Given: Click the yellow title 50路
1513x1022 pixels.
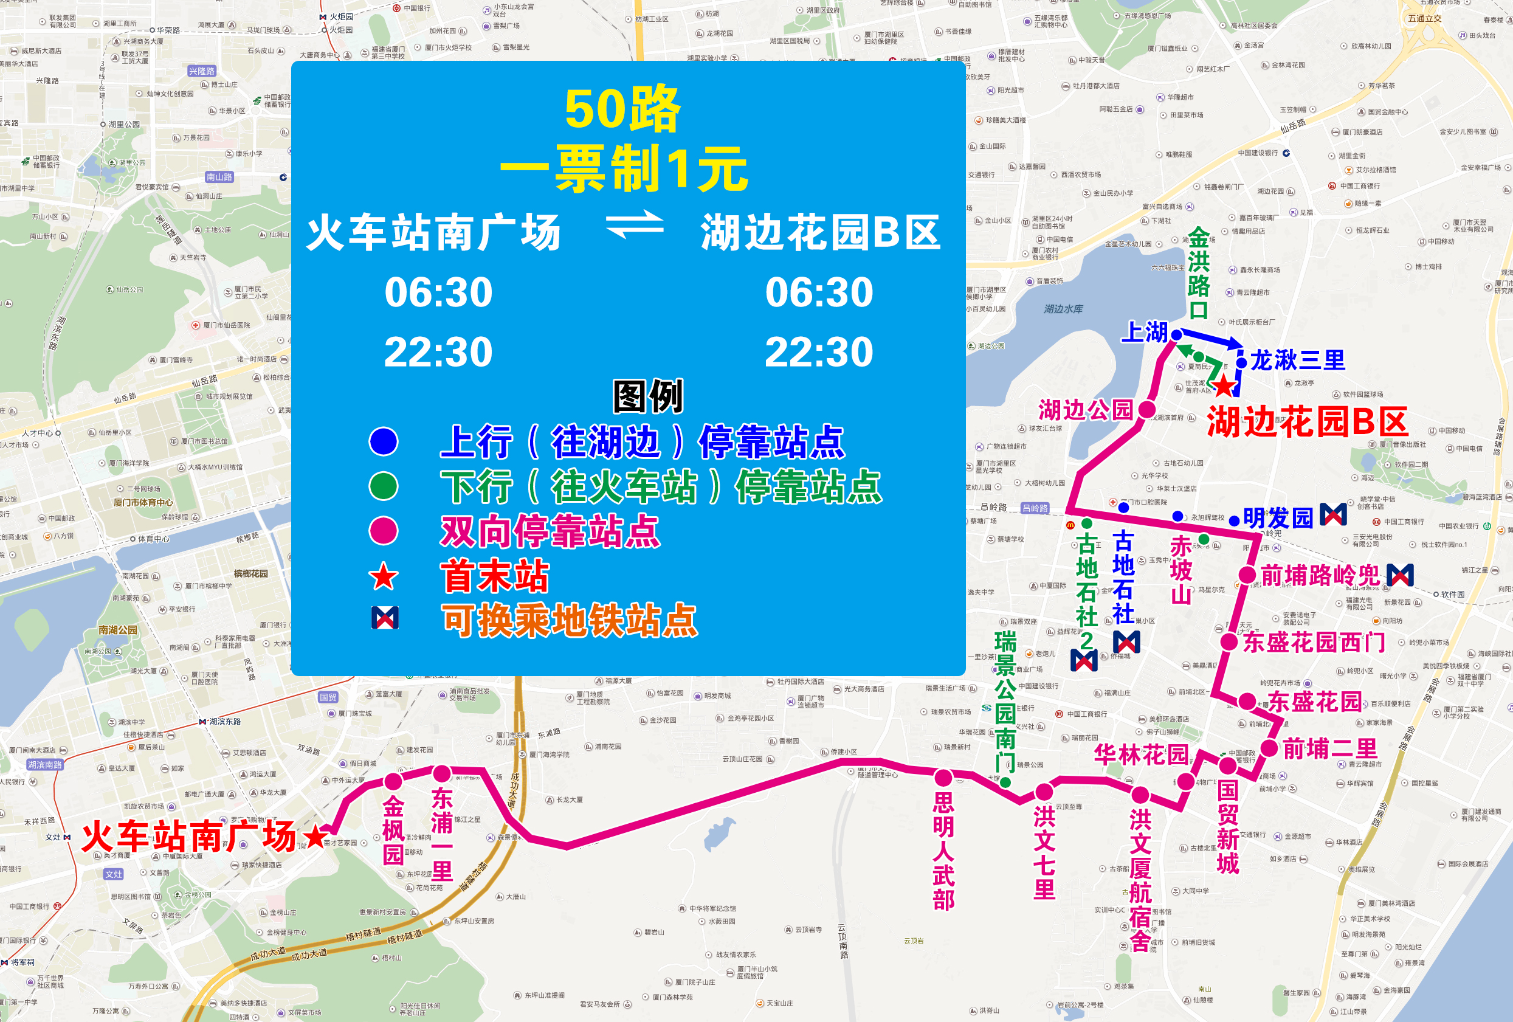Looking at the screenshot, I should pos(622,109).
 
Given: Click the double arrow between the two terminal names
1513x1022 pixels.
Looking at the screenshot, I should pos(634,224).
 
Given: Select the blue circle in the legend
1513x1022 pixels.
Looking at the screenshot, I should pos(384,441).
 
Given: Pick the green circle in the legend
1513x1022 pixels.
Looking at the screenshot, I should pos(384,486).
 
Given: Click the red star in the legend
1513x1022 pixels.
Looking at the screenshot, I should pos(384,577).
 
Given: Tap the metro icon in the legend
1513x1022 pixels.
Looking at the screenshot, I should pos(384,618).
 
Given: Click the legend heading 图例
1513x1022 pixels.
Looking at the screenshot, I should pos(648,396).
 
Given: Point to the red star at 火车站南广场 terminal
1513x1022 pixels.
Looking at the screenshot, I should pos(315,837).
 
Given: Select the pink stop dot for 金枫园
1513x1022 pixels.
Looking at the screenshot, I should pos(393,781).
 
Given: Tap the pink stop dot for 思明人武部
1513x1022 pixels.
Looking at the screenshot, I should pos(943,777).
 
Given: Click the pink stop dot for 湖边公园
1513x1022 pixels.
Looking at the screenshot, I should pos(1146,409).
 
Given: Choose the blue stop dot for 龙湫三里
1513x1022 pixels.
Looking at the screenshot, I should pos(1241,362).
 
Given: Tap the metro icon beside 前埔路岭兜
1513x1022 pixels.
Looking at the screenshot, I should pos(1400,575).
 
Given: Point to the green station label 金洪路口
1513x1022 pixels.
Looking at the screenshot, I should pos(1199,274).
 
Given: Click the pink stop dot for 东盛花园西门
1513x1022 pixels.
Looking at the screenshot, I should pos(1229,642).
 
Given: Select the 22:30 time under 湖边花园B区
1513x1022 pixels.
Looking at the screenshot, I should pos(818,352).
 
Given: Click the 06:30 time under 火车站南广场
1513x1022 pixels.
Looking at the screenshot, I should pos(438,292).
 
